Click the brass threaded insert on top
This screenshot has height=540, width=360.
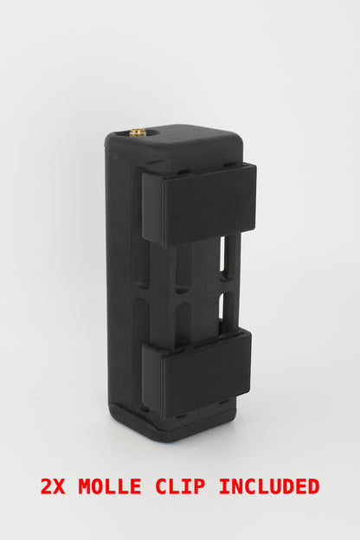tap(138, 132)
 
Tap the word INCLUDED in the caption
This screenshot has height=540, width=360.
tap(269, 486)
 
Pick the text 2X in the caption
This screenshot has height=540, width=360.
tap(55, 486)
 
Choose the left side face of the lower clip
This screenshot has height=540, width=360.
tap(152, 377)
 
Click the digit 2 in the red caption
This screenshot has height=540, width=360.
tap(47, 486)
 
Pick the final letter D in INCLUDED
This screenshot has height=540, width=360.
tap(313, 486)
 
